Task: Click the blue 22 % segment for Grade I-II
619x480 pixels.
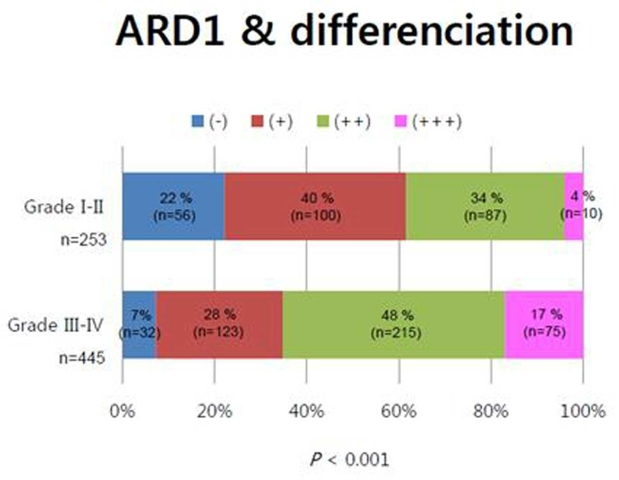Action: pos(173,206)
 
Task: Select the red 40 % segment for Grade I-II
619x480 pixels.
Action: pos(314,206)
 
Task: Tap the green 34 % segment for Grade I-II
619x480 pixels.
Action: pos(485,206)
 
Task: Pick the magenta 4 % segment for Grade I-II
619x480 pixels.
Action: pos(573,206)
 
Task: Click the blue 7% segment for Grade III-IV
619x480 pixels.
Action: pos(139,324)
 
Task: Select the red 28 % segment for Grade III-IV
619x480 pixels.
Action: pos(219,324)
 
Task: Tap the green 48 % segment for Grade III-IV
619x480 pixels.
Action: pos(394,324)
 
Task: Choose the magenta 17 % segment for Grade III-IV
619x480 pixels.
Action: pos(544,324)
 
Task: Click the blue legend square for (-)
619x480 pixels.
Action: pos(198,121)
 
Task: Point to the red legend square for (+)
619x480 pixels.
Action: pos(257,121)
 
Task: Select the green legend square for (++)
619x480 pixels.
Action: pos(323,121)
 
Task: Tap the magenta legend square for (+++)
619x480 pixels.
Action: pos(400,121)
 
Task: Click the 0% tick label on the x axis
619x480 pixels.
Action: pos(123,411)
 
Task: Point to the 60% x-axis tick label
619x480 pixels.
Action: pos(399,411)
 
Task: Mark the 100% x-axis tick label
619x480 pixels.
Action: pos(583,411)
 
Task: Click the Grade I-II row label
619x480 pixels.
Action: pos(64,207)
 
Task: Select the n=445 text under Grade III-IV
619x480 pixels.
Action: pos(82,358)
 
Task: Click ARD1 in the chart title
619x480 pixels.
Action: pos(170,31)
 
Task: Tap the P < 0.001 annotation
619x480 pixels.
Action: pos(350,459)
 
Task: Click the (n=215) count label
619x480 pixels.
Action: pos(396,333)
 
